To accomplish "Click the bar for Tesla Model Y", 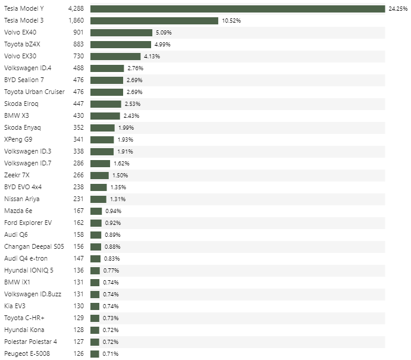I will (x=238, y=9).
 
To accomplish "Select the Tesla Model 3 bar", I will (x=154, y=21).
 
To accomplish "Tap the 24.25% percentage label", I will (x=398, y=9).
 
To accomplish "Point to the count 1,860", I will (x=76, y=21).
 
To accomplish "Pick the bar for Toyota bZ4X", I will (x=121, y=45).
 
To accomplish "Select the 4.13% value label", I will (x=152, y=57).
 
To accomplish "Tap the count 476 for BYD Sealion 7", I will (x=79, y=80).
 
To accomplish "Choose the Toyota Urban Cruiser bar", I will (x=107, y=92).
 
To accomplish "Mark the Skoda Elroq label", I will (x=21, y=104).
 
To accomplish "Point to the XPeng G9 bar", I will (x=102, y=140).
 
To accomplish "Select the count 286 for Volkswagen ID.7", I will (x=79, y=163).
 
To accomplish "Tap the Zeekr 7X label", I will (x=17, y=175).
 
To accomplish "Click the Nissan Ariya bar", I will (x=98, y=199).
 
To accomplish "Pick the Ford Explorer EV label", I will (x=28, y=223).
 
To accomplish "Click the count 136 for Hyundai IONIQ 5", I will (x=79, y=270).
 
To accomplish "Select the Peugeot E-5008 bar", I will (x=95, y=353).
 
